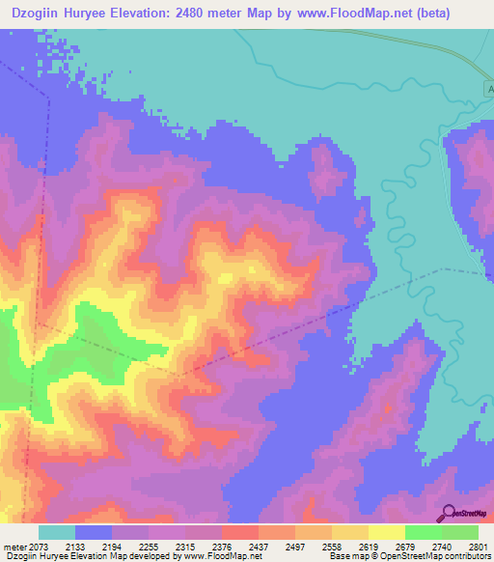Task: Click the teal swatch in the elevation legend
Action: (57, 532)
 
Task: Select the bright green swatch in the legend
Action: (424, 532)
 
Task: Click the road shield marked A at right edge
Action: (489, 88)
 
